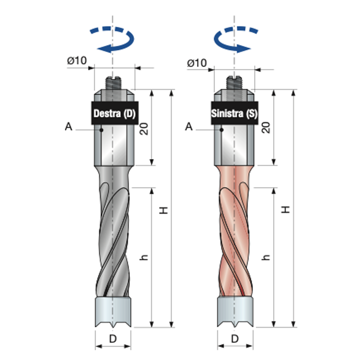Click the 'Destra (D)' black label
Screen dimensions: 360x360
click(x=115, y=113)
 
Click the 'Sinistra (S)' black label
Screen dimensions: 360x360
click(x=235, y=113)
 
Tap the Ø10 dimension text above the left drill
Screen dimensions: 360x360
click(x=77, y=61)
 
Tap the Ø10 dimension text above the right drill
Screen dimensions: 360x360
click(x=197, y=63)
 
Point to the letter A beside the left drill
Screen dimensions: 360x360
click(x=69, y=127)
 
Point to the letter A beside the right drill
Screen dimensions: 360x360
click(x=189, y=127)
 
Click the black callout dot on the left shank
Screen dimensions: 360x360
click(x=101, y=130)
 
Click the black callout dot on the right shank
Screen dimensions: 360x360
click(x=221, y=130)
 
